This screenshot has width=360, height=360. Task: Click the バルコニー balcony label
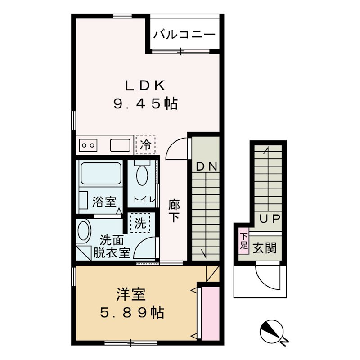[x=184, y=35]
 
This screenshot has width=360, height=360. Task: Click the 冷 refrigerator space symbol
[x=145, y=145]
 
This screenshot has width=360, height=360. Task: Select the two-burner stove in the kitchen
[x=88, y=145]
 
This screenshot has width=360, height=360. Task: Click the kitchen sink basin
[x=120, y=145]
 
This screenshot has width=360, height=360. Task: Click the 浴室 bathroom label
[x=104, y=202]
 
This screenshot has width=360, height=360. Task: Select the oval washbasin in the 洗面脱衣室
[x=84, y=232]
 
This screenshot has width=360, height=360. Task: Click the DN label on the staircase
[x=207, y=166]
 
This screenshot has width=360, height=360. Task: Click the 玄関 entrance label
[x=264, y=248]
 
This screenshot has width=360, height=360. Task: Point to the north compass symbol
[x=272, y=332]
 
